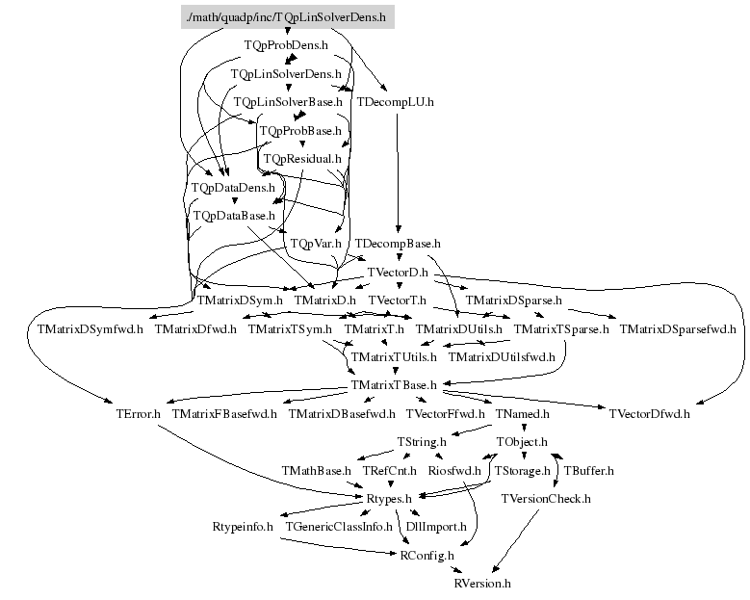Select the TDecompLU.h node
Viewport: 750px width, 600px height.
pos(396,101)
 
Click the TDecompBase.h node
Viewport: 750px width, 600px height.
pos(398,244)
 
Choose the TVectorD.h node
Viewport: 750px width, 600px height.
pos(398,273)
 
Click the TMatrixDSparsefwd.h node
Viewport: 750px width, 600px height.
pos(678,329)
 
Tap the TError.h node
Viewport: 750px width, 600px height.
pos(138,414)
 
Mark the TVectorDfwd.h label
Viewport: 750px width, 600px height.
pos(649,414)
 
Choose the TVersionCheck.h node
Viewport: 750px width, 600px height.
pos(546,499)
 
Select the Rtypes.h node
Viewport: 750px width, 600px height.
pos(389,499)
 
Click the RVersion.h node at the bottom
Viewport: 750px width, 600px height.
pos(482,584)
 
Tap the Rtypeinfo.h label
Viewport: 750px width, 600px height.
pos(243,527)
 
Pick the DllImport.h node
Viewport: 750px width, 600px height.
pos(436,527)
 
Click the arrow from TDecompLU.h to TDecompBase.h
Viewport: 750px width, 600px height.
pos(397,173)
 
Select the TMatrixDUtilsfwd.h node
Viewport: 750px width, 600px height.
pos(502,357)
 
